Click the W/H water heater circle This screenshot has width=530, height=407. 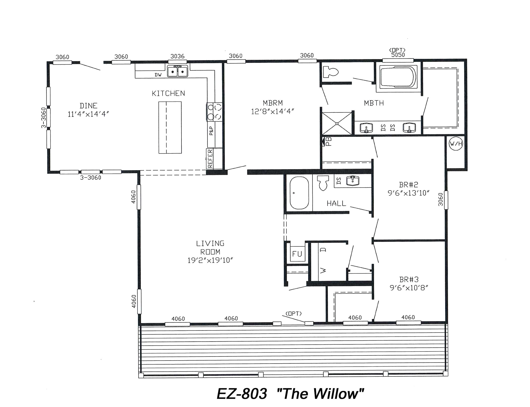456,144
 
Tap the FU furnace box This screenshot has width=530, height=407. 297,254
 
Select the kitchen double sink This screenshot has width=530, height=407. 177,71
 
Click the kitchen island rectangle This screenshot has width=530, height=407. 170,128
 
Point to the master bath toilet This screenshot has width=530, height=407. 330,71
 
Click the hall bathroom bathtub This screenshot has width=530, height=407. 299,193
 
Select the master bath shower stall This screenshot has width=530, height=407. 337,123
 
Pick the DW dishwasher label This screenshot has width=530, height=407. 158,75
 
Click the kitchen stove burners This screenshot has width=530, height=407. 215,112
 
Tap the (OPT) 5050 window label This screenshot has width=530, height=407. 397,53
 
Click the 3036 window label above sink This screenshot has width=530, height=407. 177,56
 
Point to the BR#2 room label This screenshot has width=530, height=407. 408,185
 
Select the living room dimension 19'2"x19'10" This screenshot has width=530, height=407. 210,260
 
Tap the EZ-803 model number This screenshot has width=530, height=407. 242,394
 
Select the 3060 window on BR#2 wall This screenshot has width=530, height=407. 446,200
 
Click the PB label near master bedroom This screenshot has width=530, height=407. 328,142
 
